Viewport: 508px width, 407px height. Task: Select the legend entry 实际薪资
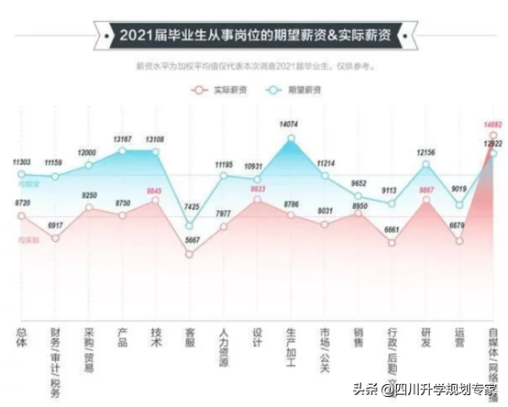[216, 90]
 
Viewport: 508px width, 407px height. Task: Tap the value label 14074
[291, 123]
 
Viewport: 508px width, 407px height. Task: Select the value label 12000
[89, 151]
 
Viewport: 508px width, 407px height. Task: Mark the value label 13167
[123, 140]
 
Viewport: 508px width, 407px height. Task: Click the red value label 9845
[156, 192]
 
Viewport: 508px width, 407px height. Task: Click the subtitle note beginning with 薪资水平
[254, 67]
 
